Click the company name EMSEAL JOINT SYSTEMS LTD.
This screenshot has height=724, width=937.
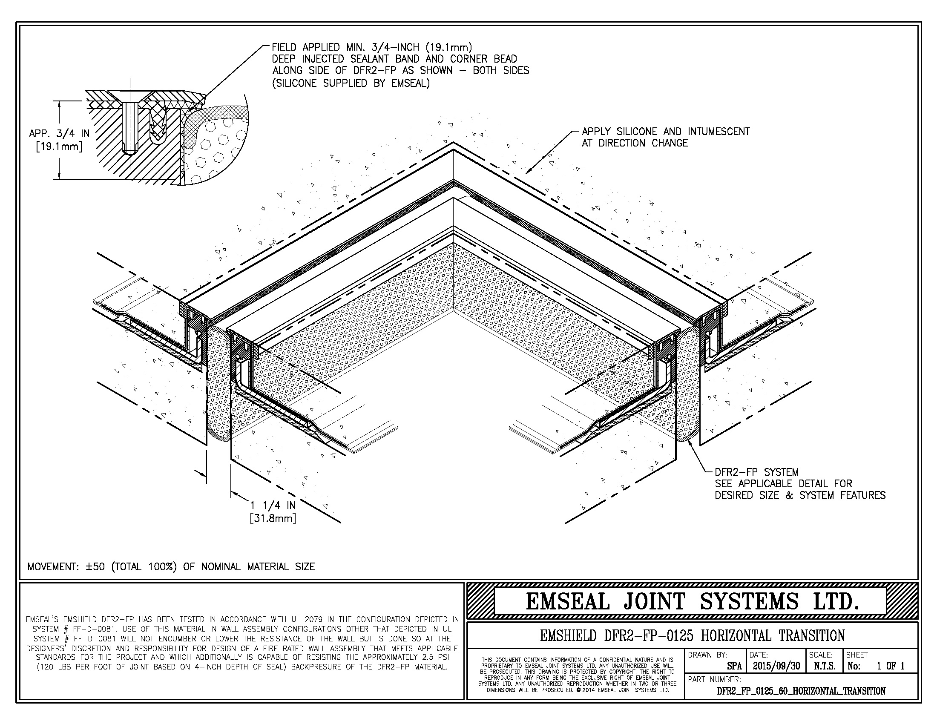point(693,601)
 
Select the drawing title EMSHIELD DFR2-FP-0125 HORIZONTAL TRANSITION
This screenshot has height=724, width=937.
point(693,636)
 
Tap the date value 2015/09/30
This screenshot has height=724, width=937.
point(776,666)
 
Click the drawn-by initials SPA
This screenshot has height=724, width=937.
point(734,666)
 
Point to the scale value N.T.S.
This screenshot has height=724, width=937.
point(824,666)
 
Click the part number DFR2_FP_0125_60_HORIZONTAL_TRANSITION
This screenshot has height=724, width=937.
point(801,691)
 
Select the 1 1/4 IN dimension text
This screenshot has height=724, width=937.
point(273,506)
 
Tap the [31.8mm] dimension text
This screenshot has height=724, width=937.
point(273,519)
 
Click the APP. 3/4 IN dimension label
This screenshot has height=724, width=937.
point(59,133)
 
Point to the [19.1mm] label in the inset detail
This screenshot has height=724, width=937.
point(59,147)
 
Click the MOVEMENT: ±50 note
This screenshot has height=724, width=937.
point(171,567)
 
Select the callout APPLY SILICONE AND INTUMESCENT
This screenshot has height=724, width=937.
point(665,132)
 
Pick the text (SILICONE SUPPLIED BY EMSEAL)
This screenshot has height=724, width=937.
point(351,83)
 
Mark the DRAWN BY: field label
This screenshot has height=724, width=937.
point(707,655)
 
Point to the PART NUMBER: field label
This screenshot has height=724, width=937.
point(714,679)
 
